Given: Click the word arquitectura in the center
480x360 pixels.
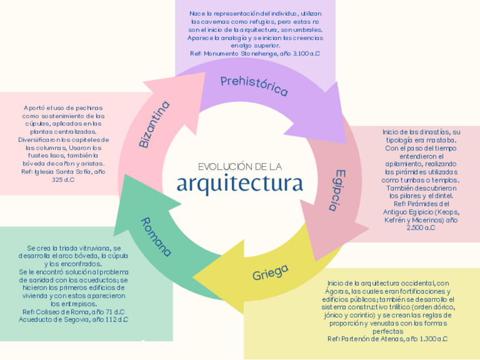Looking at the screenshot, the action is click(x=239, y=184).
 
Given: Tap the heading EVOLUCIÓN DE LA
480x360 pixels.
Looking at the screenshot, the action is click(x=239, y=166).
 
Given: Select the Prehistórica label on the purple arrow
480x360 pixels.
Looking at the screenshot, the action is click(x=254, y=86).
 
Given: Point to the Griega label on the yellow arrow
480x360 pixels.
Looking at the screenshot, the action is click(x=271, y=272).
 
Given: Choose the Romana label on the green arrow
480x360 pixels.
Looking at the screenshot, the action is click(x=156, y=237).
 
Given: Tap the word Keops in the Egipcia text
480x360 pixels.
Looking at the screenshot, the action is click(x=447, y=212).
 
